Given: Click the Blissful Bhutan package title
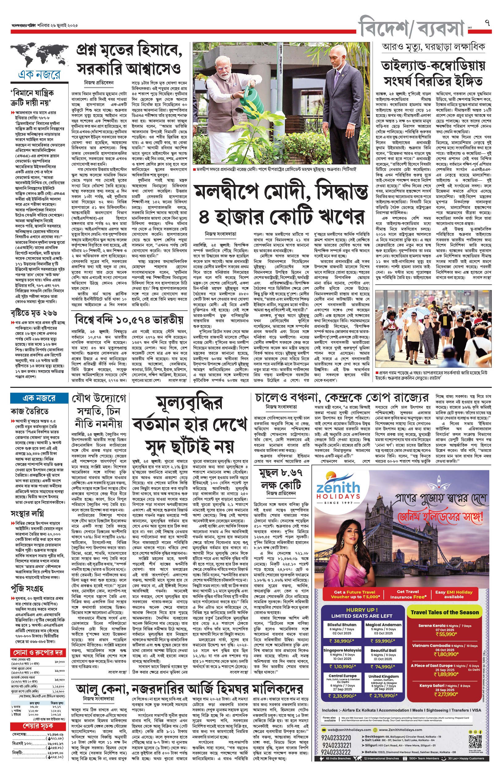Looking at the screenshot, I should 342,625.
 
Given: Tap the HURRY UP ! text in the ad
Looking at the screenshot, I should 362,610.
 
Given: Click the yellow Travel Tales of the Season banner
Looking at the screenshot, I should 445,612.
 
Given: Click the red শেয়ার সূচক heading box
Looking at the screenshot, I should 38,726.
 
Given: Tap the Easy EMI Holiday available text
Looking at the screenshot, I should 453,594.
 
